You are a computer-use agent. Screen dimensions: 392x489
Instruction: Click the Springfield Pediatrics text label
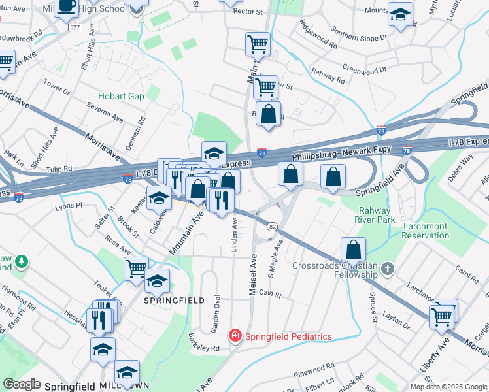click(x=288, y=336)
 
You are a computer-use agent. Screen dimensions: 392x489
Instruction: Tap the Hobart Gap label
click(x=121, y=96)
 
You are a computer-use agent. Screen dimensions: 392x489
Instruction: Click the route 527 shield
click(x=76, y=28)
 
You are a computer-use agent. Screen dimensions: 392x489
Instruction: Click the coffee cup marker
click(x=67, y=7)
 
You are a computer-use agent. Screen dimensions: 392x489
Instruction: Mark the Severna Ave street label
click(x=107, y=114)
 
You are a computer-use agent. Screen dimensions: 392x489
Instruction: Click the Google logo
click(x=22, y=385)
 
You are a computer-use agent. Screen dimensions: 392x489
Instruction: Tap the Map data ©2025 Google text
click(x=448, y=387)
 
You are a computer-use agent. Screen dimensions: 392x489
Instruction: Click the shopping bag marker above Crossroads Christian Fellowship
click(x=353, y=249)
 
